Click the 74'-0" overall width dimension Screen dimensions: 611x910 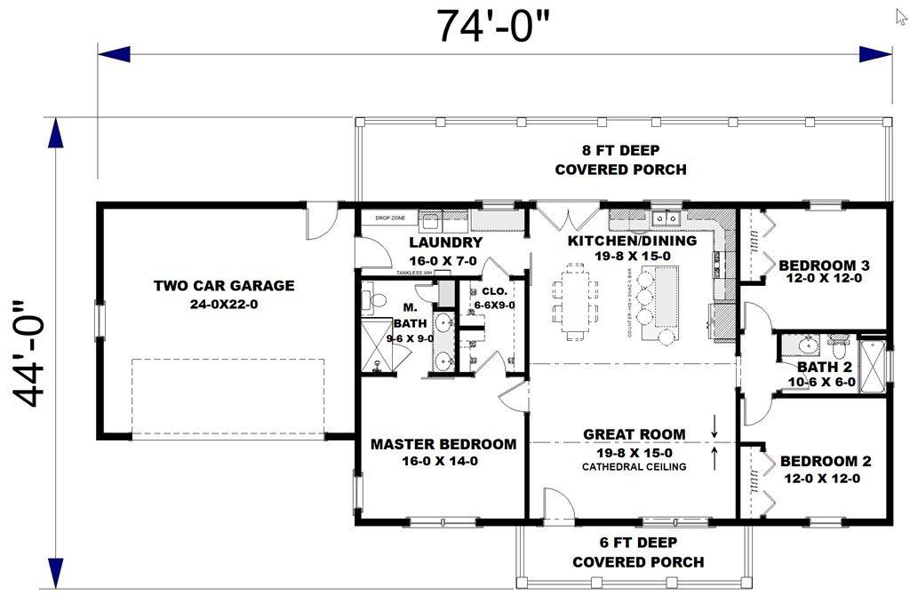point(493,26)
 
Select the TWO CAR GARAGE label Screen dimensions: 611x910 point(223,286)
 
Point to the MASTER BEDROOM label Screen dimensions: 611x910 point(443,444)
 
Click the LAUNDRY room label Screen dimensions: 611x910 point(445,242)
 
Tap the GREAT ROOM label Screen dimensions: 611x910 point(634,434)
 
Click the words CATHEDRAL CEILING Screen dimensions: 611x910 point(634,466)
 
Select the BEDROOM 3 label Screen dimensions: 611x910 point(824,265)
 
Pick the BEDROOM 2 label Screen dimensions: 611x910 point(825,461)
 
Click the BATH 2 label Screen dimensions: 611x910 point(823,367)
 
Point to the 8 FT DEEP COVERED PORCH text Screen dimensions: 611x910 point(620,160)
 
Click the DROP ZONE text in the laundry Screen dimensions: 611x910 point(390,218)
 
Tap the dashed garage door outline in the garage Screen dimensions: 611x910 point(227,397)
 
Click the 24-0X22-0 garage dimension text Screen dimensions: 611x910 point(223,304)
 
